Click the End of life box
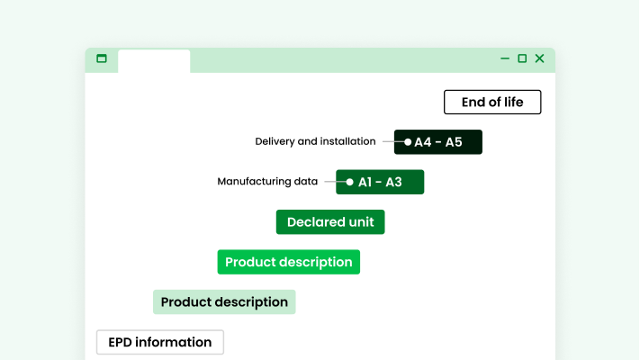click(492, 102)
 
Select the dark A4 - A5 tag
click(438, 142)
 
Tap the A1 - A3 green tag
click(380, 182)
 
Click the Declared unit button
click(330, 222)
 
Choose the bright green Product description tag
click(288, 262)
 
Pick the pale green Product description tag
click(224, 302)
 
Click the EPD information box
click(160, 342)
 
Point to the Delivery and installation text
click(315, 141)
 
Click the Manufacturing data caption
click(267, 181)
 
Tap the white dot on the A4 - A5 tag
click(408, 142)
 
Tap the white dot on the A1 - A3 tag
click(350, 182)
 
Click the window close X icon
click(539, 58)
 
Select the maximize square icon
click(522, 58)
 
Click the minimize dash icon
click(505, 58)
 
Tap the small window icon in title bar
click(102, 58)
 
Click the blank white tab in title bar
click(154, 60)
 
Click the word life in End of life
click(512, 102)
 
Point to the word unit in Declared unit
click(358, 222)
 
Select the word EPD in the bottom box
click(122, 342)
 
